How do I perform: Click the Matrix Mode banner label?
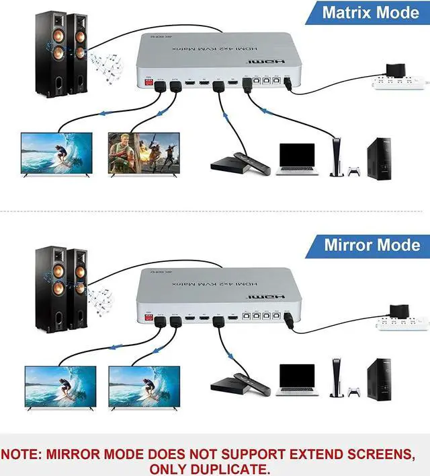pyautogui.click(x=370, y=12)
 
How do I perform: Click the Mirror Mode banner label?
pyautogui.click(x=372, y=244)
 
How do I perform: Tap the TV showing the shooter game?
pyautogui.click(x=144, y=154)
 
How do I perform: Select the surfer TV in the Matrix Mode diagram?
pyautogui.click(x=56, y=154)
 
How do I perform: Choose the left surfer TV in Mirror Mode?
pyautogui.click(x=60, y=385)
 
